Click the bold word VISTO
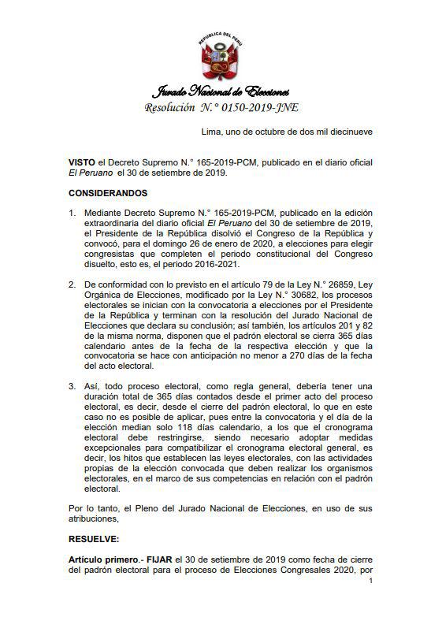tap(81, 162)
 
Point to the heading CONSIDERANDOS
tap(108, 192)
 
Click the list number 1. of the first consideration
tap(72, 213)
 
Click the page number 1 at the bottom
tap(370, 581)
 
